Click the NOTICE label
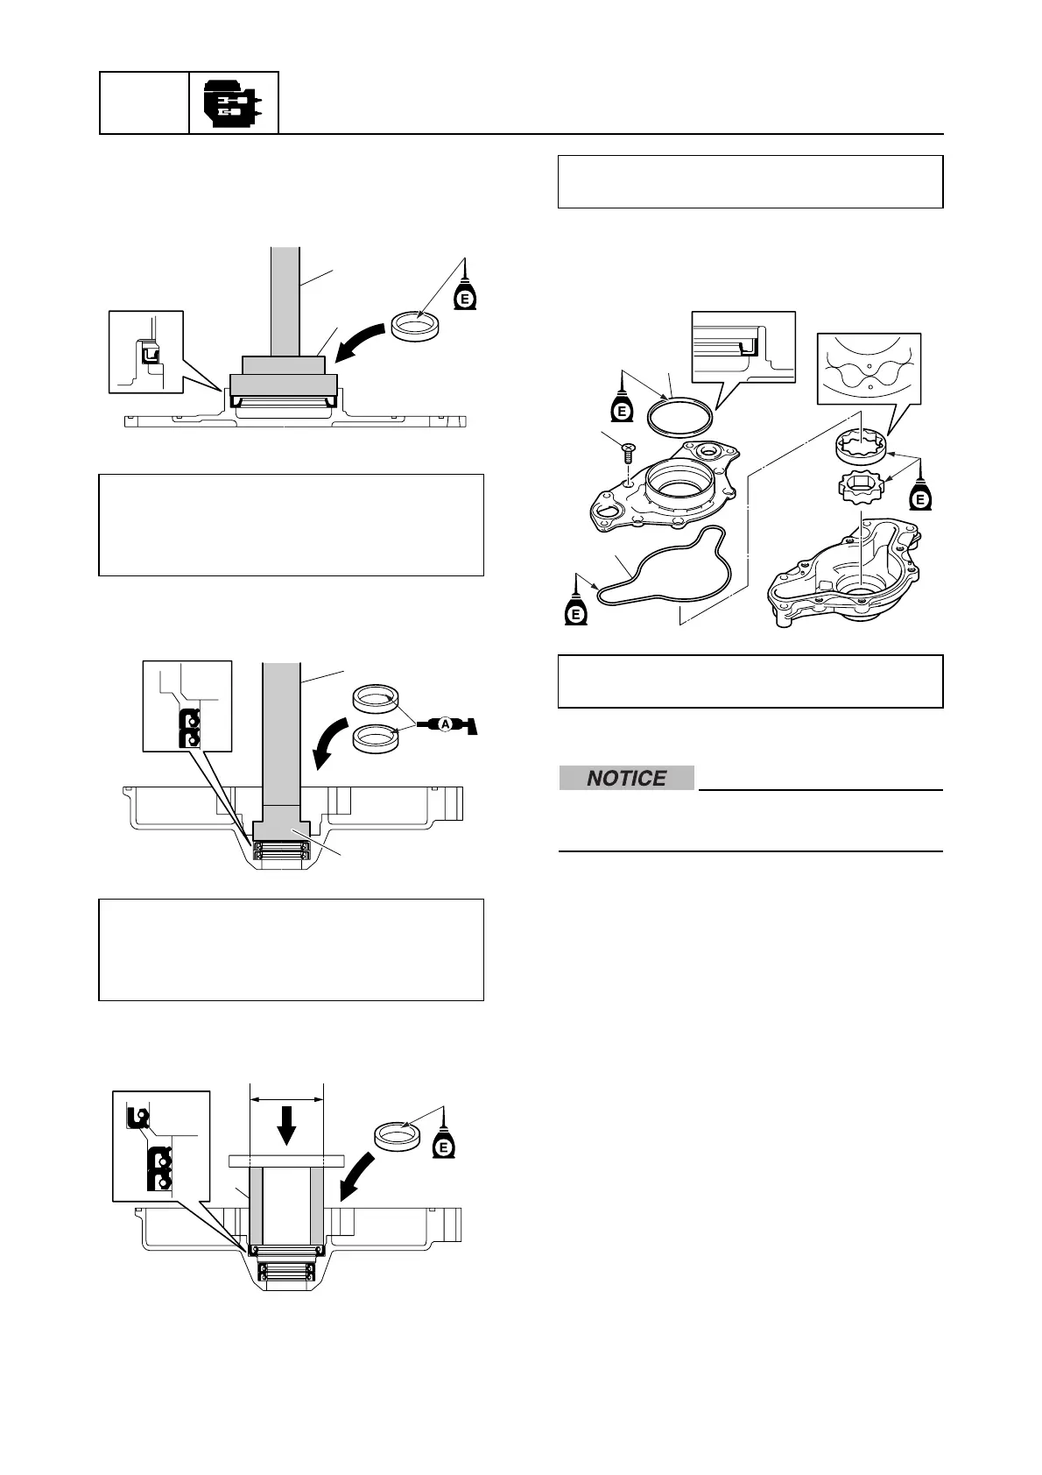coord(626,778)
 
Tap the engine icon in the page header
coord(233,103)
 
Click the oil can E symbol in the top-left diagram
coord(465,297)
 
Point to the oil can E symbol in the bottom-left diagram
coord(444,1144)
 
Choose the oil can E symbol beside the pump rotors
coord(919,498)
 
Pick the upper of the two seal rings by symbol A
coord(375,701)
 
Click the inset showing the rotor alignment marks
coord(869,368)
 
